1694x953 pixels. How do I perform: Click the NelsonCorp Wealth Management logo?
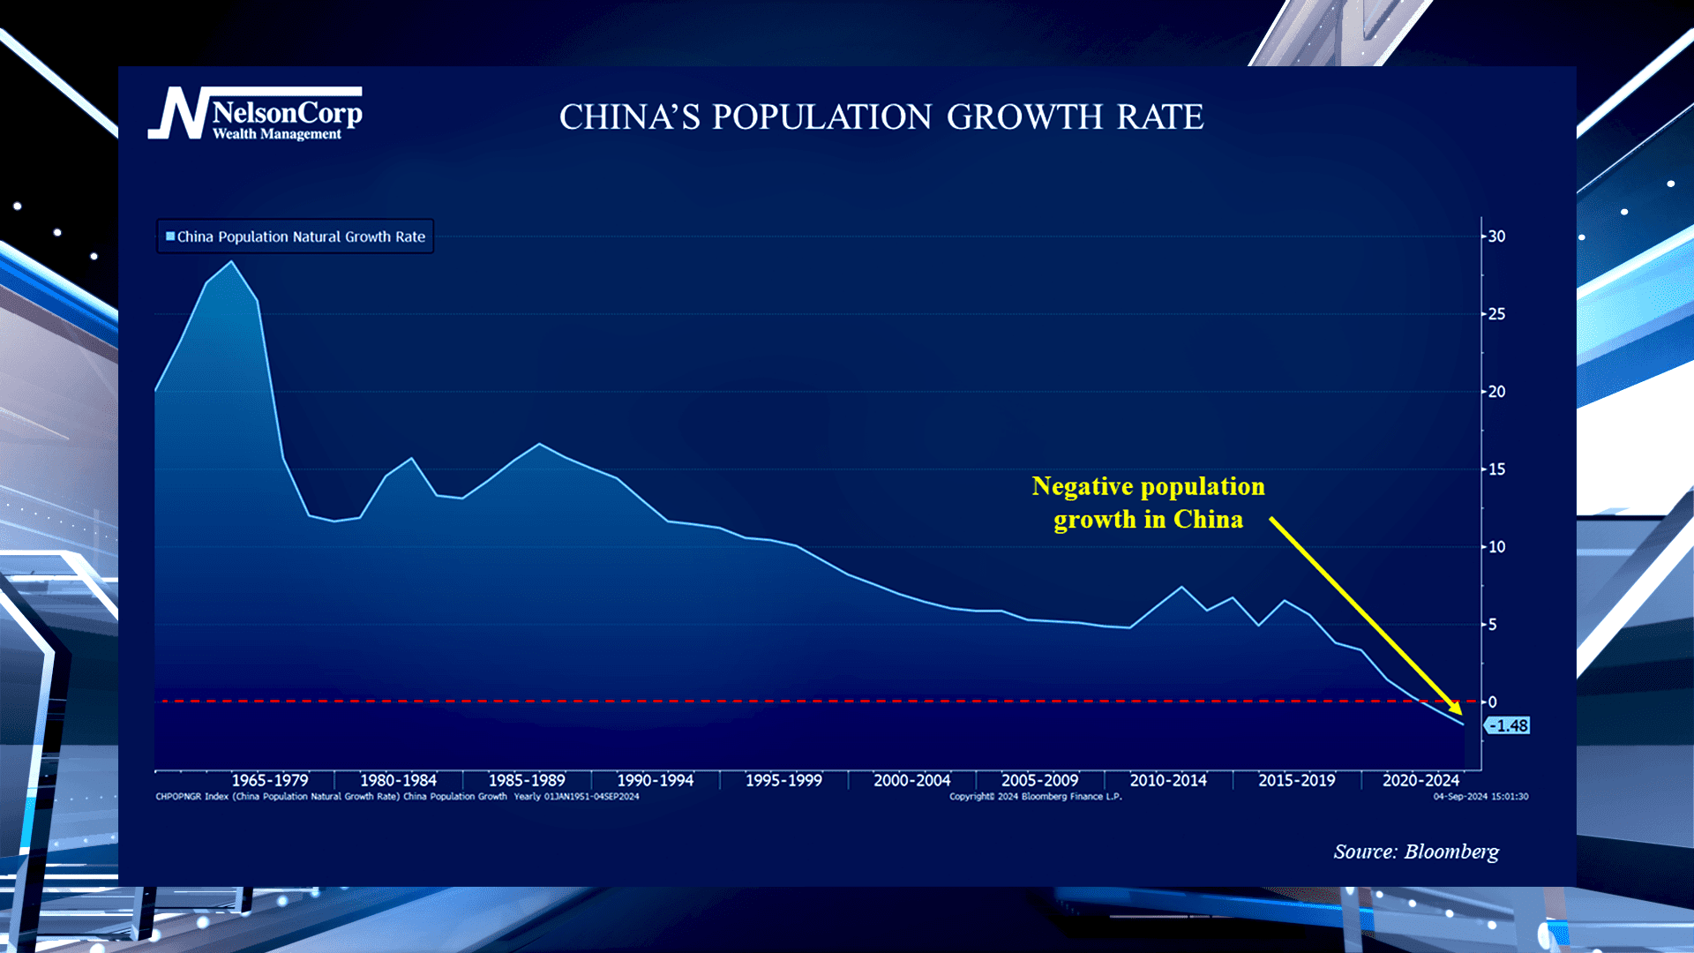click(x=255, y=114)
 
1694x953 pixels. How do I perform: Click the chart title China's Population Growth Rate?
click(x=881, y=117)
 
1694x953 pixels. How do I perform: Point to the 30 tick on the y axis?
click(x=1496, y=236)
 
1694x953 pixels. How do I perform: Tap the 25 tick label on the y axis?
click(x=1496, y=314)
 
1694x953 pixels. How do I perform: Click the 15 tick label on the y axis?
click(x=1496, y=469)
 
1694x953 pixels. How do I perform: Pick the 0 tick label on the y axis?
click(x=1493, y=702)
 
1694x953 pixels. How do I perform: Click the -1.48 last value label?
click(x=1510, y=726)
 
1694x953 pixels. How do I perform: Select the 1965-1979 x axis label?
click(x=270, y=780)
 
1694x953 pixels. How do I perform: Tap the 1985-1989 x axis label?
click(x=527, y=780)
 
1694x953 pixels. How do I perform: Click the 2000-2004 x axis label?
click(x=911, y=780)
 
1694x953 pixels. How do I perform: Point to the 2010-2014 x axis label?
click(x=1168, y=780)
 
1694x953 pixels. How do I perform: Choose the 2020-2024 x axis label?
click(x=1420, y=780)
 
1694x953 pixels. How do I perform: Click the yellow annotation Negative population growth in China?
click(x=1148, y=502)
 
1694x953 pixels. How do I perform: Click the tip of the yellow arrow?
click(x=1461, y=714)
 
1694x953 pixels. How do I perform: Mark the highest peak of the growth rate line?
click(x=232, y=261)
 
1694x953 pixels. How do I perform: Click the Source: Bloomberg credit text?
click(x=1415, y=852)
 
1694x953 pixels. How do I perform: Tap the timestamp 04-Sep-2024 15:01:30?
click(x=1480, y=797)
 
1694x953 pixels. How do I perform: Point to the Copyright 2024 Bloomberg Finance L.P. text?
click(x=1035, y=797)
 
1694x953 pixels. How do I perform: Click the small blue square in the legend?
click(x=170, y=236)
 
